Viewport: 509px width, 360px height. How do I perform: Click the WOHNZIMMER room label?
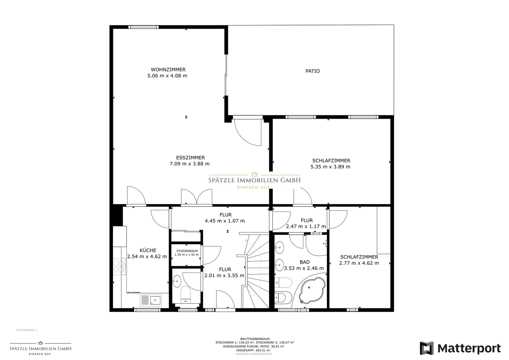pos(168,70)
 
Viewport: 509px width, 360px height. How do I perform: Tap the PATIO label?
pos(313,71)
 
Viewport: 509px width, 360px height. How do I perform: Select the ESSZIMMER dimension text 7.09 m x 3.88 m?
pos(190,163)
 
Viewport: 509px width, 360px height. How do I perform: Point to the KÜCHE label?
pos(148,250)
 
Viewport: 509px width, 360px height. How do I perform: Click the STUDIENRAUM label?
pos(187,251)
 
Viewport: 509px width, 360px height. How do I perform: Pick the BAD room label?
pos(305,262)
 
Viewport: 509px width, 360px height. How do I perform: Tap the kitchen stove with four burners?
pos(119,266)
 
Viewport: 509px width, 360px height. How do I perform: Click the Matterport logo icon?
pos(427,348)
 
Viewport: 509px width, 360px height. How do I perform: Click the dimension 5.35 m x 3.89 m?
pos(330,167)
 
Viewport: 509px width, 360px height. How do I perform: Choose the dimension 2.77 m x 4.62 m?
pos(359,263)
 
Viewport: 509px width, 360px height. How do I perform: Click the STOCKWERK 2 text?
pos(26,330)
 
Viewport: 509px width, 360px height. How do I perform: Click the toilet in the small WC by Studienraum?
pos(186,294)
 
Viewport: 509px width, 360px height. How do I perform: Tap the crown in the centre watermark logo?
pos(254,174)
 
